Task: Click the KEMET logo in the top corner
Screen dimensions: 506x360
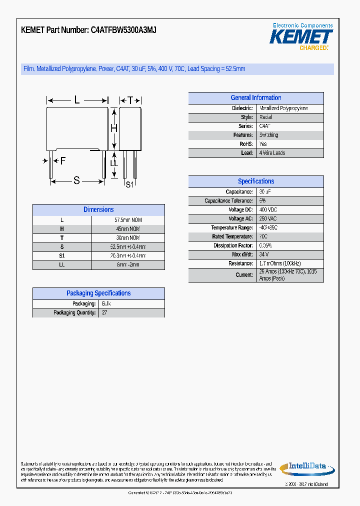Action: coord(301,37)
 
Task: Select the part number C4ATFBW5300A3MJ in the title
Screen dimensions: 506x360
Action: coord(123,30)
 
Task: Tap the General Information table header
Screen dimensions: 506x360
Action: coord(255,98)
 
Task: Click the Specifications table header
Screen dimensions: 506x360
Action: coord(255,181)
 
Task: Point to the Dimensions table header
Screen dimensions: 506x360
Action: coord(98,210)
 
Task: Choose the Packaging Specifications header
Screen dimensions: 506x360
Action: coord(98,293)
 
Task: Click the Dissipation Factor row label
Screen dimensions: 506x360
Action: coord(233,246)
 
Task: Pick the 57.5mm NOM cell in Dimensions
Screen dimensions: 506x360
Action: coord(128,220)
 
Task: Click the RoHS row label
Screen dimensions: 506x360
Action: coord(246,144)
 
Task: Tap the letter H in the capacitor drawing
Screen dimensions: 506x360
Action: coord(114,128)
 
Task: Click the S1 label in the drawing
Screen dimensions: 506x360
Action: coord(129,184)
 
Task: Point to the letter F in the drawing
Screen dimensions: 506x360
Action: coord(62,160)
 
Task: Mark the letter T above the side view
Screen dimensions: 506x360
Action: coord(130,100)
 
